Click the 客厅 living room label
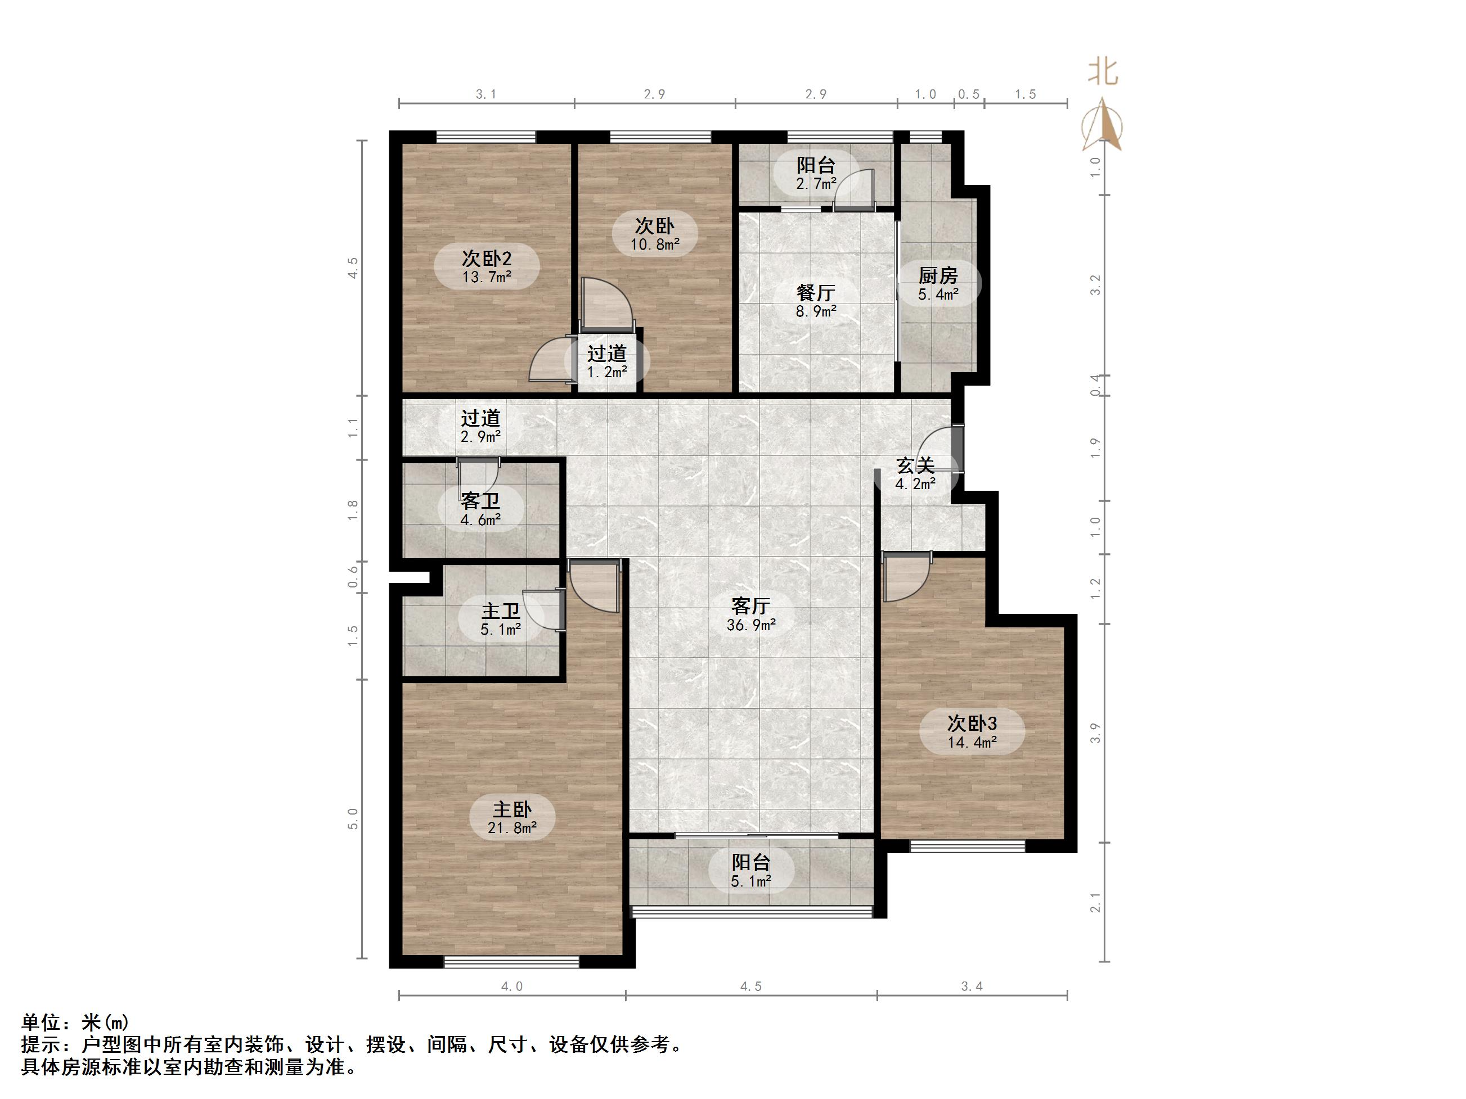click(x=751, y=614)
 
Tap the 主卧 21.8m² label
click(x=512, y=817)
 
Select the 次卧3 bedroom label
click(x=972, y=732)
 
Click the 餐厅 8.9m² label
click(x=815, y=301)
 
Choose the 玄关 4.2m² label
click(x=915, y=474)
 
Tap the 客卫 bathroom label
click(x=480, y=510)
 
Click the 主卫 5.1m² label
click(x=500, y=619)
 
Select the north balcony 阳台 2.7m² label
click(x=815, y=174)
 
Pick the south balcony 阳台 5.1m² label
click(x=751, y=871)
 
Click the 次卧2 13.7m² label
click(x=487, y=267)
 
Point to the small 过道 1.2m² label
click(x=606, y=361)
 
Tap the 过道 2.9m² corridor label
click(x=480, y=427)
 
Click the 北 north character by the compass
click(x=1103, y=72)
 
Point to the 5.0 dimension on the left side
click(x=353, y=819)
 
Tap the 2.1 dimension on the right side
click(x=1095, y=902)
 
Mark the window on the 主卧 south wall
click(x=512, y=962)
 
